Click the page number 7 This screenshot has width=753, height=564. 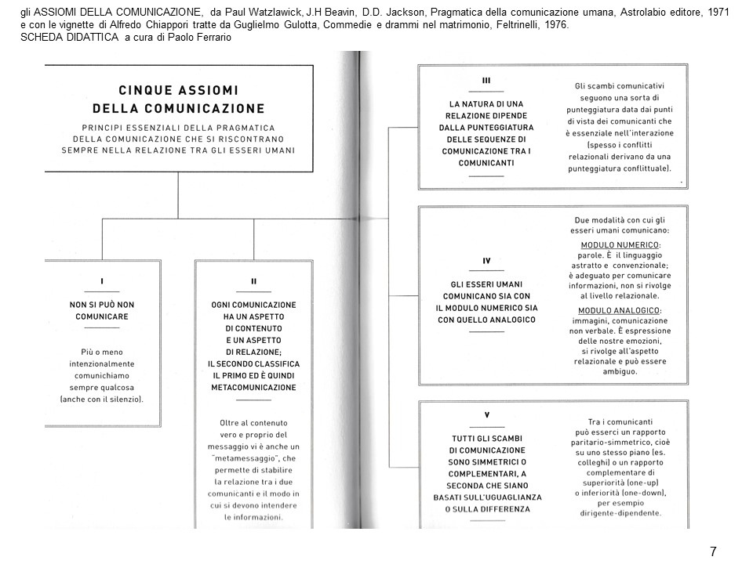point(712,551)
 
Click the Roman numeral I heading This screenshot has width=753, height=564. point(103,280)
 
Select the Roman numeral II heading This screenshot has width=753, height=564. point(253,280)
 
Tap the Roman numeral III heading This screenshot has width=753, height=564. point(486,81)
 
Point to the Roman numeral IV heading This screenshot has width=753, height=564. point(486,260)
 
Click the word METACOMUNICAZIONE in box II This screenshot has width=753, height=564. point(253,388)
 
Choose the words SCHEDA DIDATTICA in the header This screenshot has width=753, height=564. point(66,38)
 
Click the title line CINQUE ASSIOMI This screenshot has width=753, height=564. point(178,90)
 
